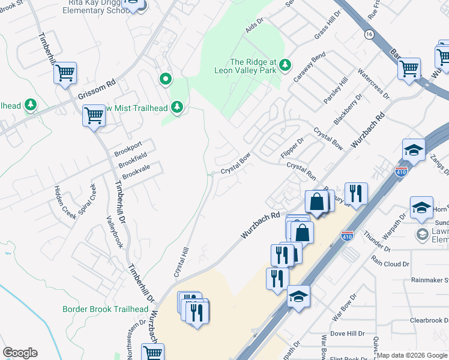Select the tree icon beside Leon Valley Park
(x=286, y=64)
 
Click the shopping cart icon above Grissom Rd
(x=65, y=74)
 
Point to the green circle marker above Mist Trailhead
(x=165, y=79)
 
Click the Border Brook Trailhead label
(x=105, y=309)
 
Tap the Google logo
(x=20, y=353)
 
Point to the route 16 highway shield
(x=369, y=35)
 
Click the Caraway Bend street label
(x=309, y=67)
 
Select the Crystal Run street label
(x=301, y=171)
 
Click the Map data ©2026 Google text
(x=412, y=355)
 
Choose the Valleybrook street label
(x=114, y=232)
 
